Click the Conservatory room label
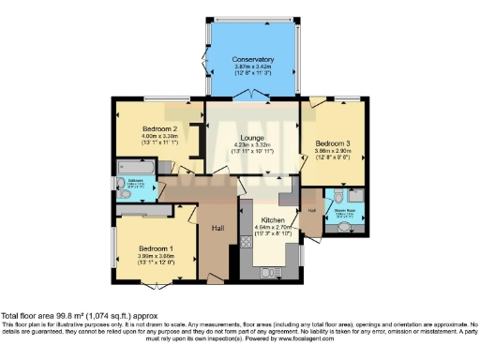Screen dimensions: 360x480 tap(253, 59)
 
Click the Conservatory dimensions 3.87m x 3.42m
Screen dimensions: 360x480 tap(253, 67)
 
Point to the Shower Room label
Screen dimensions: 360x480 tap(344, 210)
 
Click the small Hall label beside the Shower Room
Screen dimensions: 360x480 tap(312, 211)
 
